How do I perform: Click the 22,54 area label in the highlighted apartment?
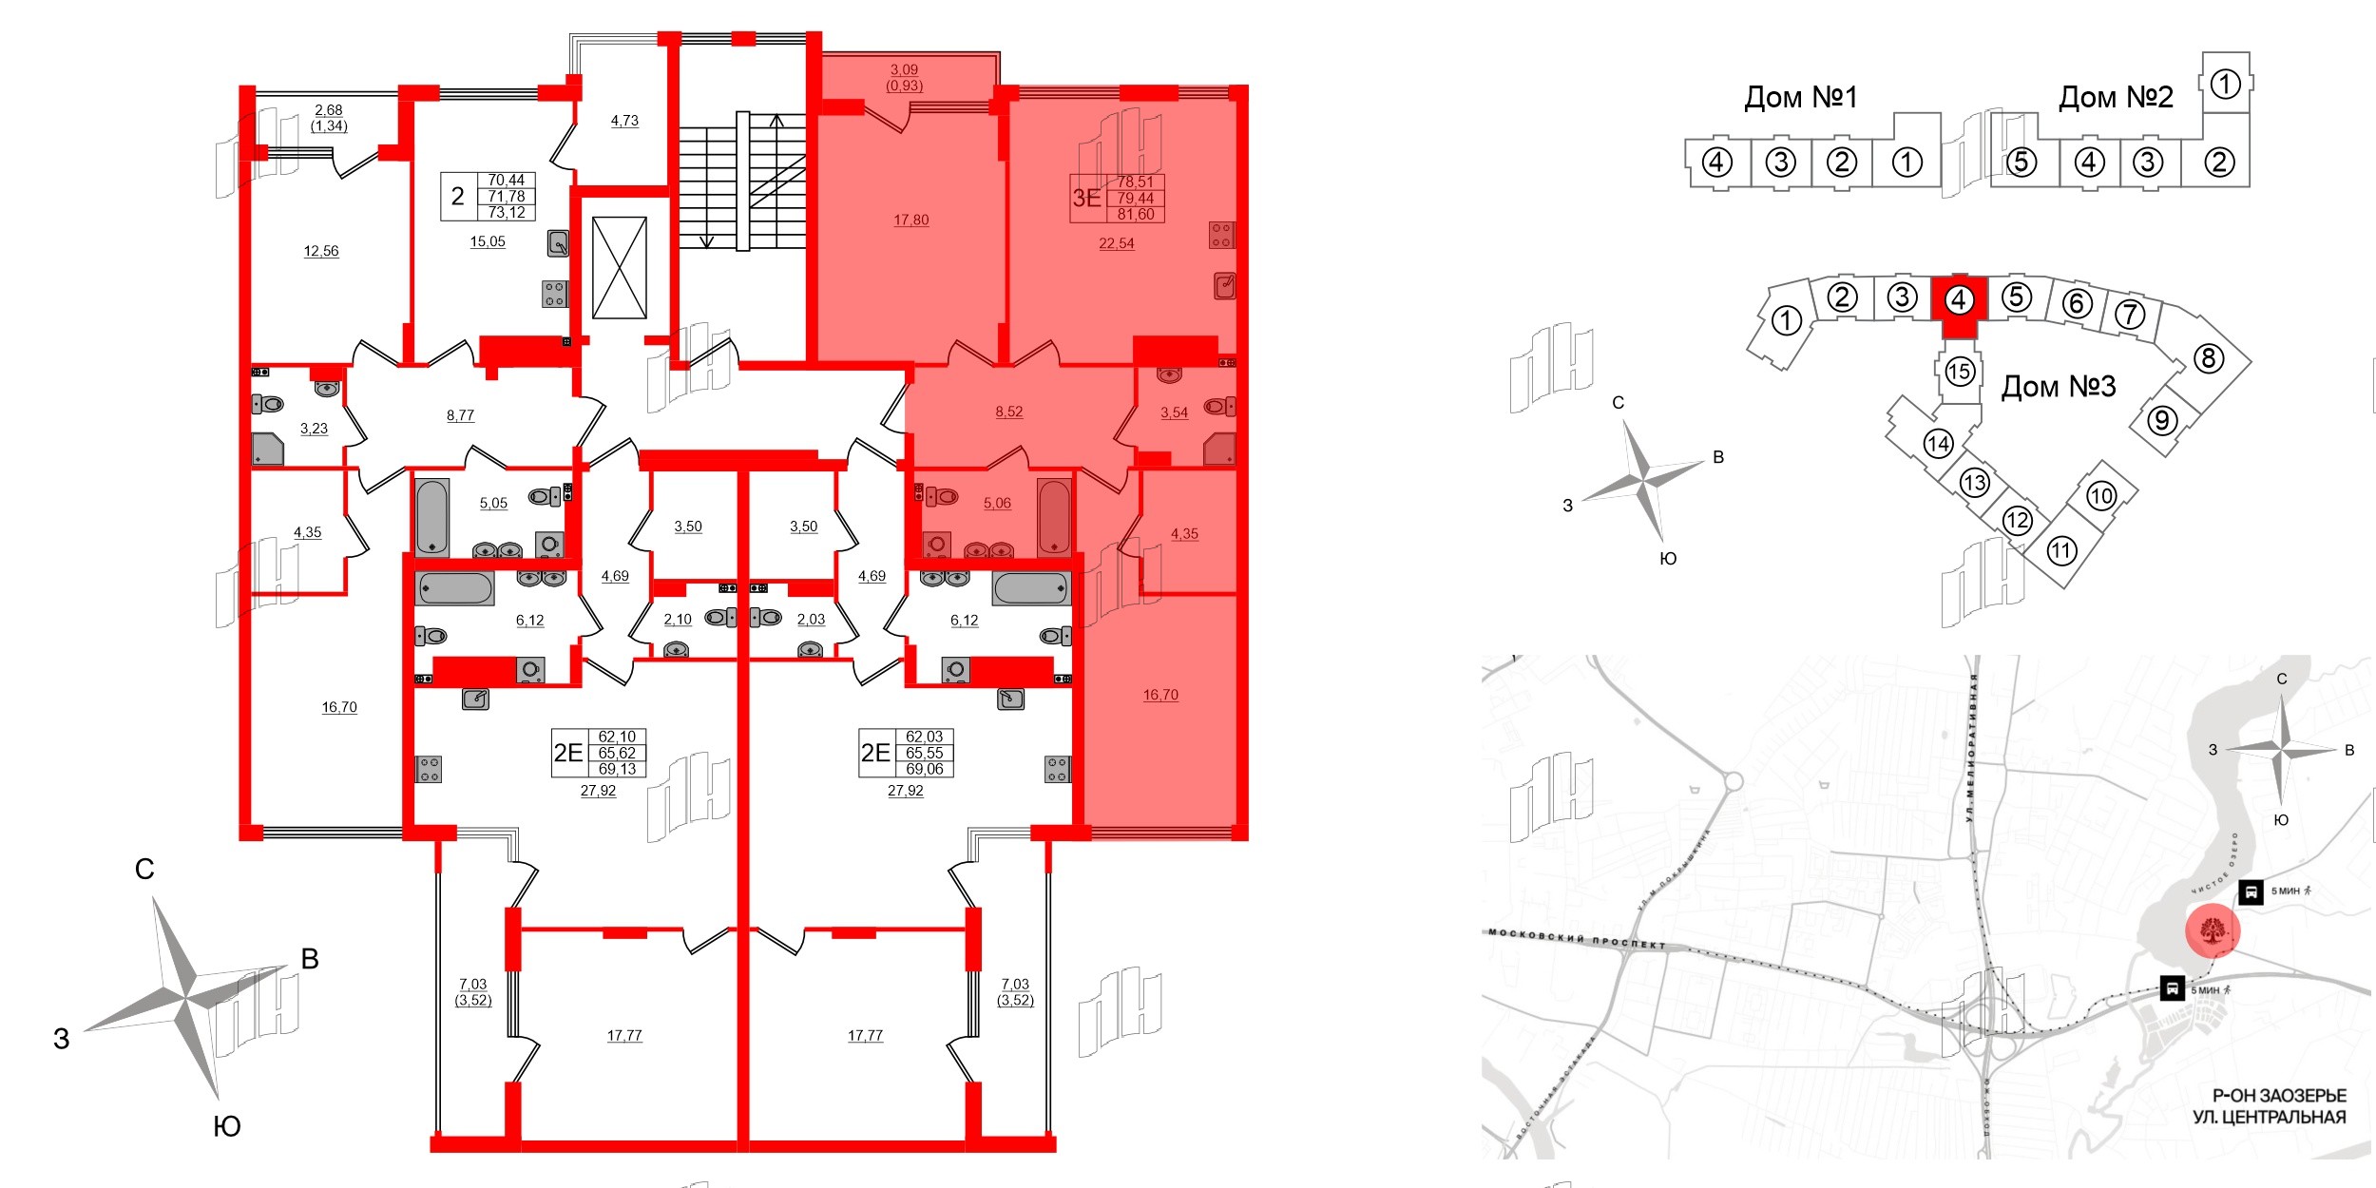(1116, 243)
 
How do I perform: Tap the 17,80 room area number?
(910, 220)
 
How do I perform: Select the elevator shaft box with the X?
(620, 268)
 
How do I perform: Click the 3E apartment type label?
(1086, 198)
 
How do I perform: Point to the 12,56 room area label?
(320, 251)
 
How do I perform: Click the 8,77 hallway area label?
(460, 415)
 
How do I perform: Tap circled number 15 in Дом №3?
(1959, 371)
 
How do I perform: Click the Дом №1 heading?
(1800, 97)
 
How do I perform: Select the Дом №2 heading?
(2116, 97)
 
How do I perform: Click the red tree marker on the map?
(2213, 930)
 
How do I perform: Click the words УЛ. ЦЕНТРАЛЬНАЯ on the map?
(2269, 1117)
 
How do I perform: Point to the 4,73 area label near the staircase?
(624, 121)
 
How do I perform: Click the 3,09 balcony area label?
(904, 69)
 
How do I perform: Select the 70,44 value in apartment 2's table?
(506, 180)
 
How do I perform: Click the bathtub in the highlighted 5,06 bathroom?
(1054, 516)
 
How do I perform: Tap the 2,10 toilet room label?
(678, 619)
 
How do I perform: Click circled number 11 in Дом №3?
(2060, 550)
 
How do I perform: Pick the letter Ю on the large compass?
(226, 1126)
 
